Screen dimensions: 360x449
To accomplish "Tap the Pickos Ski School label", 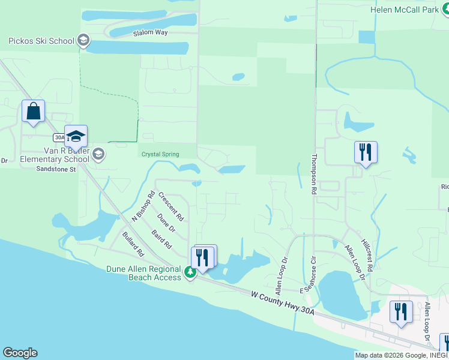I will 41,41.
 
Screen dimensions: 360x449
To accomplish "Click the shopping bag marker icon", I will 33,111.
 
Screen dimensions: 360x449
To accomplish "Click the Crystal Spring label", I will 160,154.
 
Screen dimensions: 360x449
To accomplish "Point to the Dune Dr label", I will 166,223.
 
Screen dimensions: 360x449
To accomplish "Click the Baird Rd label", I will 161,239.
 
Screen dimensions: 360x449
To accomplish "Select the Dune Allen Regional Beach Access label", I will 144,273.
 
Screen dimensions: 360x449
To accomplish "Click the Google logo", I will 20,353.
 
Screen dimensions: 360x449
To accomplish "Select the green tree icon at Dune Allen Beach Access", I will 190,272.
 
